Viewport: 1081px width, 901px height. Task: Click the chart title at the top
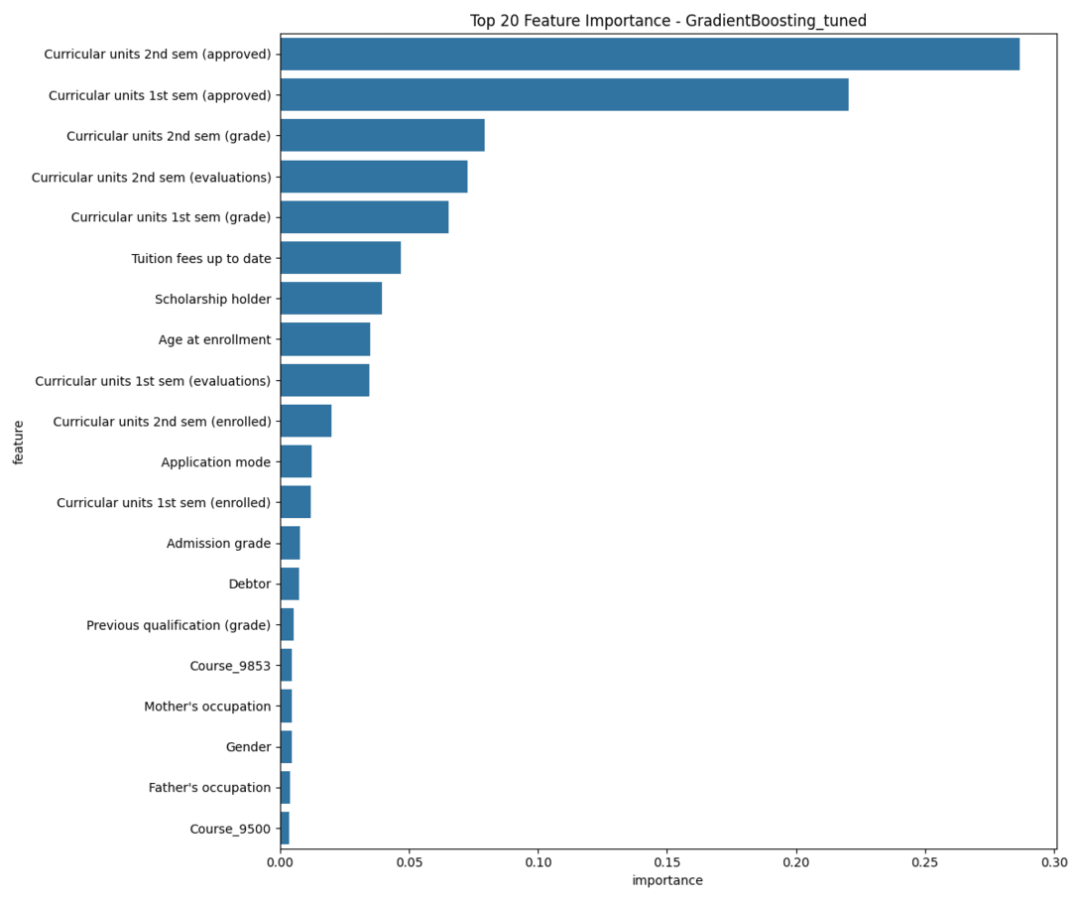(x=667, y=21)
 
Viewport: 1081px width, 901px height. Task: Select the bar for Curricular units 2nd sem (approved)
(x=650, y=55)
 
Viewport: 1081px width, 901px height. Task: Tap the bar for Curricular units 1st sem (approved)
(x=563, y=95)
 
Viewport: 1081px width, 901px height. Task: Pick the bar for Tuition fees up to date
(x=340, y=258)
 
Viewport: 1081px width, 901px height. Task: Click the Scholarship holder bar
(x=330, y=299)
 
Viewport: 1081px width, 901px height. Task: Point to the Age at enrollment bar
(x=324, y=339)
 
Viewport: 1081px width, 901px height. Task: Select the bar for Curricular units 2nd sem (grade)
(x=382, y=136)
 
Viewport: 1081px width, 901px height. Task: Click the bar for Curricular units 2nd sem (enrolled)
(x=305, y=421)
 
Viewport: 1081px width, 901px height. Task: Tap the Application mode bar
(x=296, y=461)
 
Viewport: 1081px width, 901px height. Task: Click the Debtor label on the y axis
(x=249, y=584)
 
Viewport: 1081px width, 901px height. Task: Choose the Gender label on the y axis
(x=248, y=747)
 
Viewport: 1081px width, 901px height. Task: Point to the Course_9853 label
(x=229, y=666)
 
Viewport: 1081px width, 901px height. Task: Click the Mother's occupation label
(x=206, y=707)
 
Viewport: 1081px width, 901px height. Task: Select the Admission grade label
(x=218, y=544)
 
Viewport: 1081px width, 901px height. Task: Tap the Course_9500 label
(x=229, y=829)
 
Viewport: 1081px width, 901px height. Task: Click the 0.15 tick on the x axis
(x=666, y=863)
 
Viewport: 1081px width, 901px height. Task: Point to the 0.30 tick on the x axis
(x=1054, y=863)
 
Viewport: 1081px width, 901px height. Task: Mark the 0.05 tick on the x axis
(x=409, y=863)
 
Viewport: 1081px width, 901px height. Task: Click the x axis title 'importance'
(x=667, y=881)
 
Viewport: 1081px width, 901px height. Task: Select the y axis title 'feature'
(x=19, y=442)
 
